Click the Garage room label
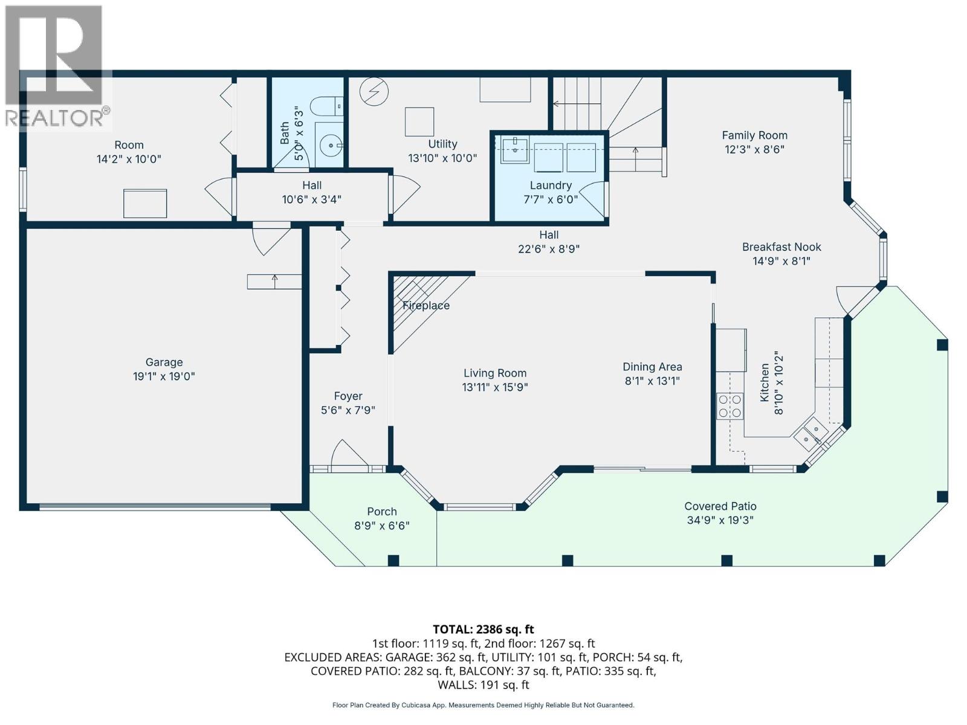point(164,362)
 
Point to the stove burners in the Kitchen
point(729,405)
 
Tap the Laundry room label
point(551,185)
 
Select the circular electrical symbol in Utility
point(374,92)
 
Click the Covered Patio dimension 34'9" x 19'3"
point(720,520)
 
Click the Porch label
point(382,512)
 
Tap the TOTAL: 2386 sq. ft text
point(483,630)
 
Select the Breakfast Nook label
point(781,246)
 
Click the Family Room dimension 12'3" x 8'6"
point(754,149)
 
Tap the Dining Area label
point(652,367)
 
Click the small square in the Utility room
point(419,121)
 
